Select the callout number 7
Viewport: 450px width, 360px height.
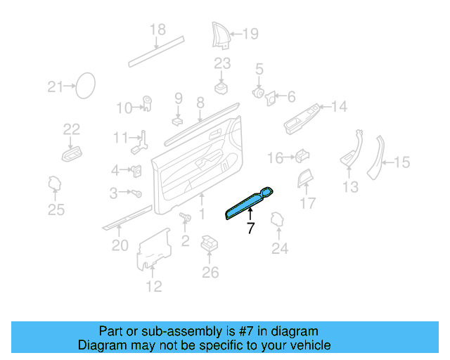point(250,229)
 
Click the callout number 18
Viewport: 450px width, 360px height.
point(157,30)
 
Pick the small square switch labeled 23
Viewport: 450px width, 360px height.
point(222,86)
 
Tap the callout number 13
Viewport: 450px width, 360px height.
point(350,186)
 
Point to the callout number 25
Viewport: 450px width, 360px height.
point(56,210)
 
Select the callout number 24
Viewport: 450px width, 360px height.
point(280,247)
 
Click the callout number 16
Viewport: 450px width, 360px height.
point(275,158)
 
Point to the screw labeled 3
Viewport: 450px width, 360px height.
point(137,193)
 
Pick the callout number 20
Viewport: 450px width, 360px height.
point(120,245)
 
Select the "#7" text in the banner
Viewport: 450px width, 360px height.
point(260,331)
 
